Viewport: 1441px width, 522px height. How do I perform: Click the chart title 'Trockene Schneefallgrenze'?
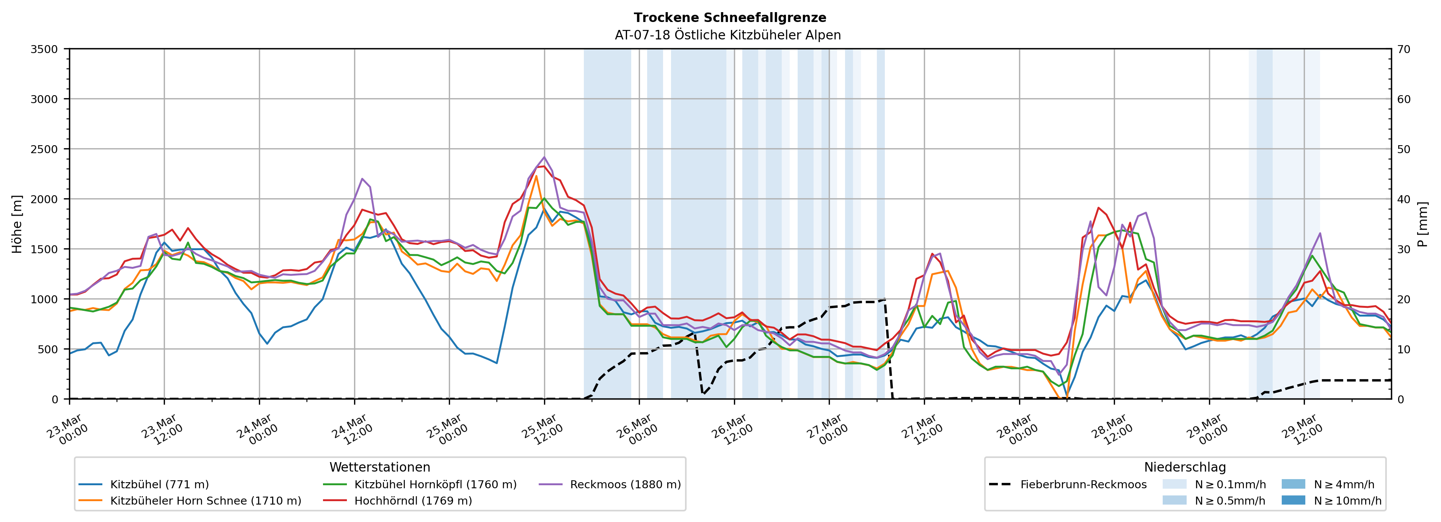(x=729, y=17)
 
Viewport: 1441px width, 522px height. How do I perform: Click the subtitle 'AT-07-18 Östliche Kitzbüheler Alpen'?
(x=727, y=35)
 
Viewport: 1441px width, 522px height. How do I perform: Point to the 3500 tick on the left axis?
(x=44, y=49)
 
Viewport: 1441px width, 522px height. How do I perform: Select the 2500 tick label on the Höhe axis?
(x=44, y=149)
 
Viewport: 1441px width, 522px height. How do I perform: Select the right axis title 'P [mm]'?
(x=1422, y=224)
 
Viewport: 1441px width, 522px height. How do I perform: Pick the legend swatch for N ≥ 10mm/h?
(x=1293, y=500)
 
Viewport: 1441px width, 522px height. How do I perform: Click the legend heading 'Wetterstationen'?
(x=380, y=467)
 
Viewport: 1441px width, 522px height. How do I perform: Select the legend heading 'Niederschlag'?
(x=1185, y=467)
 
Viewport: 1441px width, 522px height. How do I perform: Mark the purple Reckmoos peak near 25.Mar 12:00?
(x=544, y=157)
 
